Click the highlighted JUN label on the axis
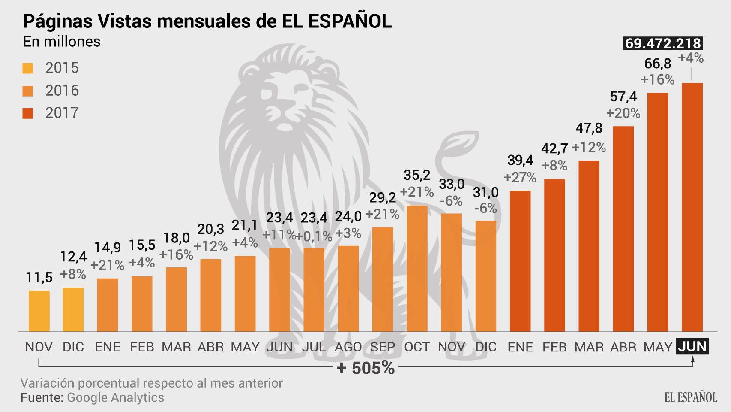pos(692,346)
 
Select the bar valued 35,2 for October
pos(417,268)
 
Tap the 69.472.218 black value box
pos(663,43)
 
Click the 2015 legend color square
pos(28,68)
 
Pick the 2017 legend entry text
pos(62,113)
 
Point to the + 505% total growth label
pos(365,368)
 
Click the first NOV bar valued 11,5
pos(39,311)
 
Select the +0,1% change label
pos(314,236)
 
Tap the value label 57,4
pos(623,97)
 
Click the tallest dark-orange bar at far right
pos(692,206)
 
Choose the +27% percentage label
pos(520,177)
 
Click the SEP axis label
pos(382,347)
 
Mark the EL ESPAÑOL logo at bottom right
pos(691,397)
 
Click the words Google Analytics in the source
pos(115,397)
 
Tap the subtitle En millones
pos(62,42)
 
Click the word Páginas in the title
pos(57,21)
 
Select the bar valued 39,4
pos(520,261)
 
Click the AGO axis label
pos(348,347)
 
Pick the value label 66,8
pos(658,64)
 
